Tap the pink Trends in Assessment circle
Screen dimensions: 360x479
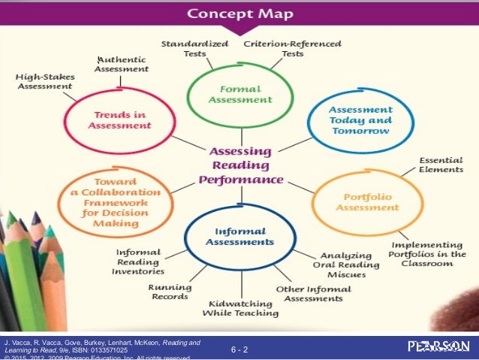(121, 120)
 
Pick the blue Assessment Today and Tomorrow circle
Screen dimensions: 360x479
(360, 119)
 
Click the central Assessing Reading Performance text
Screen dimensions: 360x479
(240, 165)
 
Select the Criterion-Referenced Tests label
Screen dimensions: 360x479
(292, 49)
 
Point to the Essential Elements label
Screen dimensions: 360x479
(441, 165)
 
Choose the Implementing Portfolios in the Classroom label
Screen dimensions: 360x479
(431, 255)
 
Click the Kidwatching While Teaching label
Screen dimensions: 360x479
(240, 307)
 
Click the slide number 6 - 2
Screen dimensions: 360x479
(240, 349)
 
